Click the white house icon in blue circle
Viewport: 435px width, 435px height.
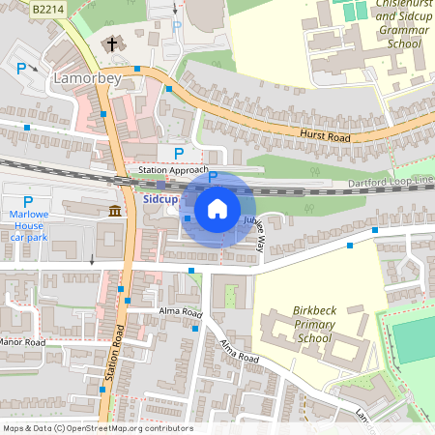click(217, 208)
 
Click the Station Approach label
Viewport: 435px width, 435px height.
click(173, 170)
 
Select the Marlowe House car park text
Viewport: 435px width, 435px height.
click(28, 224)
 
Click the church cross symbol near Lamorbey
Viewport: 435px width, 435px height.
click(112, 44)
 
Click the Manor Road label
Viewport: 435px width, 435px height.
click(23, 342)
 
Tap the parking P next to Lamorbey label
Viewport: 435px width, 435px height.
click(21, 69)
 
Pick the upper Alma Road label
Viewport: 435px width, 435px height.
click(180, 314)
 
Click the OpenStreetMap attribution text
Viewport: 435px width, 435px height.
click(97, 428)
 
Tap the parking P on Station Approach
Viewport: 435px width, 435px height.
click(178, 153)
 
